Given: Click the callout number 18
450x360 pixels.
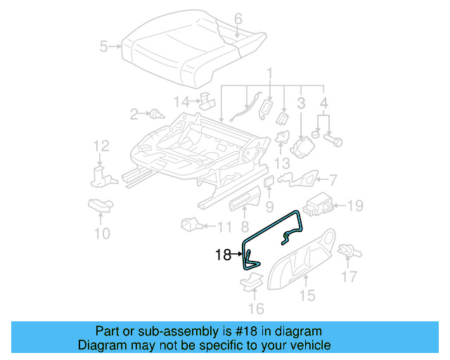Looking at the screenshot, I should point(223,255).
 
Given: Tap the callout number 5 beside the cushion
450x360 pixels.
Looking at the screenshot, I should point(104,47).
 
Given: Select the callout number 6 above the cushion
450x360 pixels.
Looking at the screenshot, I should point(238,18).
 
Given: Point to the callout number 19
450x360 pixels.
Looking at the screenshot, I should point(356,206).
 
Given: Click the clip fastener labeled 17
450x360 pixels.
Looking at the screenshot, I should point(346,250).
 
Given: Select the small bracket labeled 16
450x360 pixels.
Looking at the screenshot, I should point(250,283).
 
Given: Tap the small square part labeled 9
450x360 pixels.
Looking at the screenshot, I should point(269,184).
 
